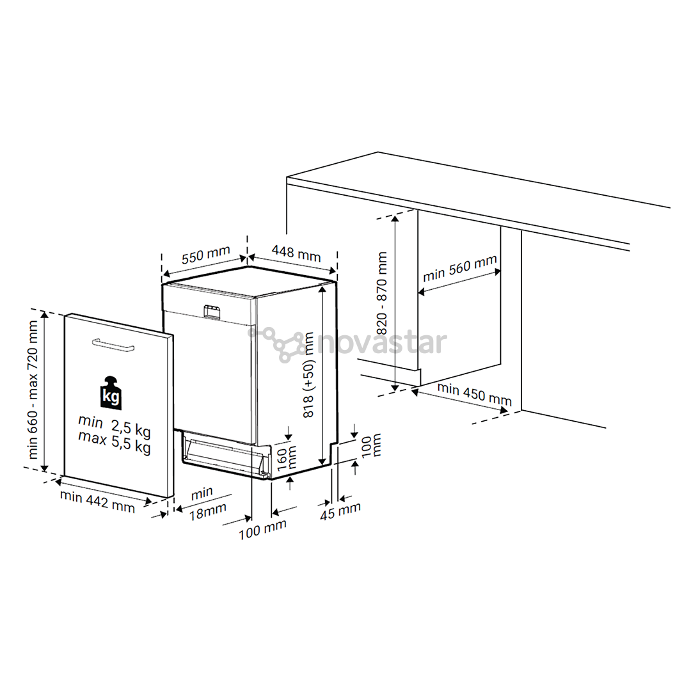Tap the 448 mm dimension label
point(296,253)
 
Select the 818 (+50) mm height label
point(310,375)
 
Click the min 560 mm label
point(459,269)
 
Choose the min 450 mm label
point(474,394)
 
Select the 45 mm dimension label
point(340,511)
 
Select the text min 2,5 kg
point(115,425)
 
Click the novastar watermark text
point(381,343)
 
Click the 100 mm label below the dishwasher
point(262,529)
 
